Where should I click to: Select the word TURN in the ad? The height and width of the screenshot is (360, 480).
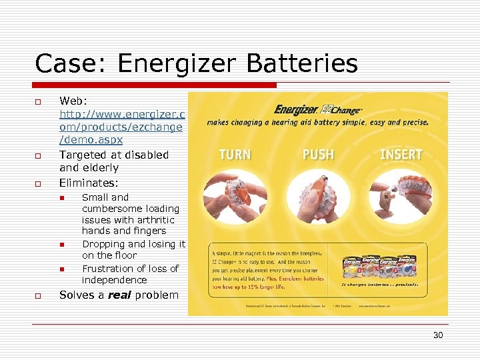tap(235, 155)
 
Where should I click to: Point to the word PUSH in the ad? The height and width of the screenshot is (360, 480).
tap(318, 155)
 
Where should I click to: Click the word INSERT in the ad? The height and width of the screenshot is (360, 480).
tap(401, 155)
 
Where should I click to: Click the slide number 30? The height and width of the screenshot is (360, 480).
tap(437, 335)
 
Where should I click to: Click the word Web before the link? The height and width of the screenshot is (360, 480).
tap(73, 101)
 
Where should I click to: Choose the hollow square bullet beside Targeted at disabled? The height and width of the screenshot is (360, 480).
tap(39, 155)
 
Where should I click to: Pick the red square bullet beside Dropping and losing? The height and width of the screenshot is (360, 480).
tap(59, 245)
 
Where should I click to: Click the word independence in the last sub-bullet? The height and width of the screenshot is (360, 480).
tap(114, 280)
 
